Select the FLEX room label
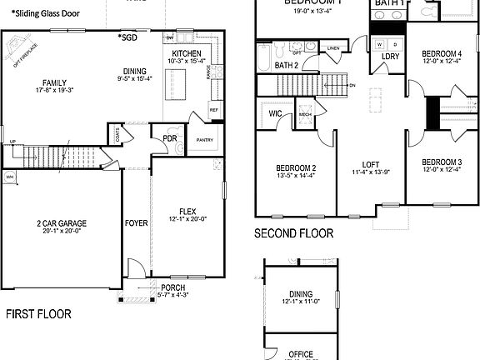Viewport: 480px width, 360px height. pyautogui.click(x=187, y=211)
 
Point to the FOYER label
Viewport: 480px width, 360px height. pyautogui.click(x=136, y=223)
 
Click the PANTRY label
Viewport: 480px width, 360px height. pyautogui.click(x=204, y=140)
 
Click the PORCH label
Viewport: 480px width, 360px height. pyautogui.click(x=173, y=287)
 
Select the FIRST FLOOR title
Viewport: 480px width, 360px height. pyautogui.click(x=38, y=314)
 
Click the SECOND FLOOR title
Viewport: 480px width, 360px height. pyautogui.click(x=293, y=233)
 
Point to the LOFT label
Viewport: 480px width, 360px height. pyautogui.click(x=371, y=164)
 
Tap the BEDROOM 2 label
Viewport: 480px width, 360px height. pyautogui.click(x=295, y=167)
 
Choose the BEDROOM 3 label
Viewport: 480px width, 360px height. pyautogui.click(x=442, y=162)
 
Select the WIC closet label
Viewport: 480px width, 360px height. pyautogui.click(x=275, y=114)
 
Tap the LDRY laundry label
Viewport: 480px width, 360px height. pyautogui.click(x=390, y=57)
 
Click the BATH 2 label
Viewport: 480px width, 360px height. pyautogui.click(x=286, y=64)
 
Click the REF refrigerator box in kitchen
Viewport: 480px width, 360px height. pyautogui.click(x=214, y=109)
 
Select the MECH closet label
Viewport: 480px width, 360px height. pyautogui.click(x=305, y=115)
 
